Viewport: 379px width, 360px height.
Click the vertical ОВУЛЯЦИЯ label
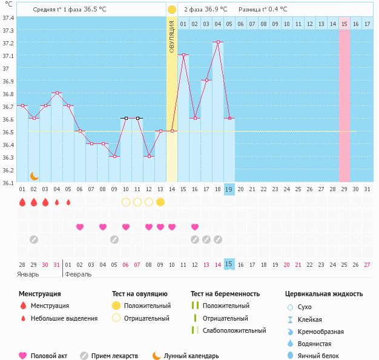pyautogui.click(x=172, y=36)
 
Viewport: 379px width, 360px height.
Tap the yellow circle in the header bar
pyautogui.click(x=172, y=10)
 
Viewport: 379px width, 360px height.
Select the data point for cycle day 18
pyautogui.click(x=218, y=42)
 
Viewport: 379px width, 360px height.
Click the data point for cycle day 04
pyautogui.click(x=57, y=93)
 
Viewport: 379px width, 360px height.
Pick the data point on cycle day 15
pyautogui.click(x=183, y=55)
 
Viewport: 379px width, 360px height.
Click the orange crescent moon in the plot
pyautogui.click(x=35, y=176)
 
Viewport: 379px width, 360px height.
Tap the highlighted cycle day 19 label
pyautogui.click(x=229, y=189)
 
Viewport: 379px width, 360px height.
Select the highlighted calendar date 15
pyautogui.click(x=229, y=264)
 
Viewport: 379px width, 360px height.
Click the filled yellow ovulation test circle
pyautogui.click(x=160, y=202)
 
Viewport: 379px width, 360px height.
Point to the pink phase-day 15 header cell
pyautogui.click(x=344, y=24)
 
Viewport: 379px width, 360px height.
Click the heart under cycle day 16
pyautogui.click(x=195, y=227)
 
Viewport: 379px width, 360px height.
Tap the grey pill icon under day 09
pyautogui.click(x=114, y=240)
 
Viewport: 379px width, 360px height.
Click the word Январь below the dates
pyautogui.click(x=28, y=274)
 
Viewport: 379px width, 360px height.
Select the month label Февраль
pyautogui.click(x=78, y=274)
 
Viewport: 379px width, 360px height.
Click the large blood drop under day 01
pyautogui.click(x=22, y=202)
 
